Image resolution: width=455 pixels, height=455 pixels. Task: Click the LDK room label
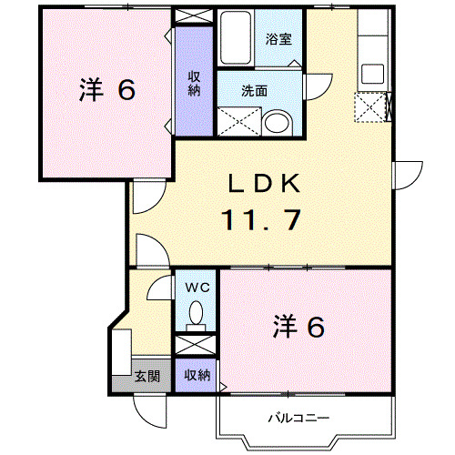click(x=263, y=184)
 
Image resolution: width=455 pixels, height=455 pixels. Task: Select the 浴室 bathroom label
click(x=278, y=39)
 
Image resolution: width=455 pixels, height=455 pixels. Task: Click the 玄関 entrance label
click(x=147, y=375)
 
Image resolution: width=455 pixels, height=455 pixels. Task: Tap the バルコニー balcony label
click(x=298, y=420)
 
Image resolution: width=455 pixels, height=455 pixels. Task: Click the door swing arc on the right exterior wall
click(x=406, y=176)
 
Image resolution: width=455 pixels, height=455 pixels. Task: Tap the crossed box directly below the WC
click(x=195, y=345)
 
